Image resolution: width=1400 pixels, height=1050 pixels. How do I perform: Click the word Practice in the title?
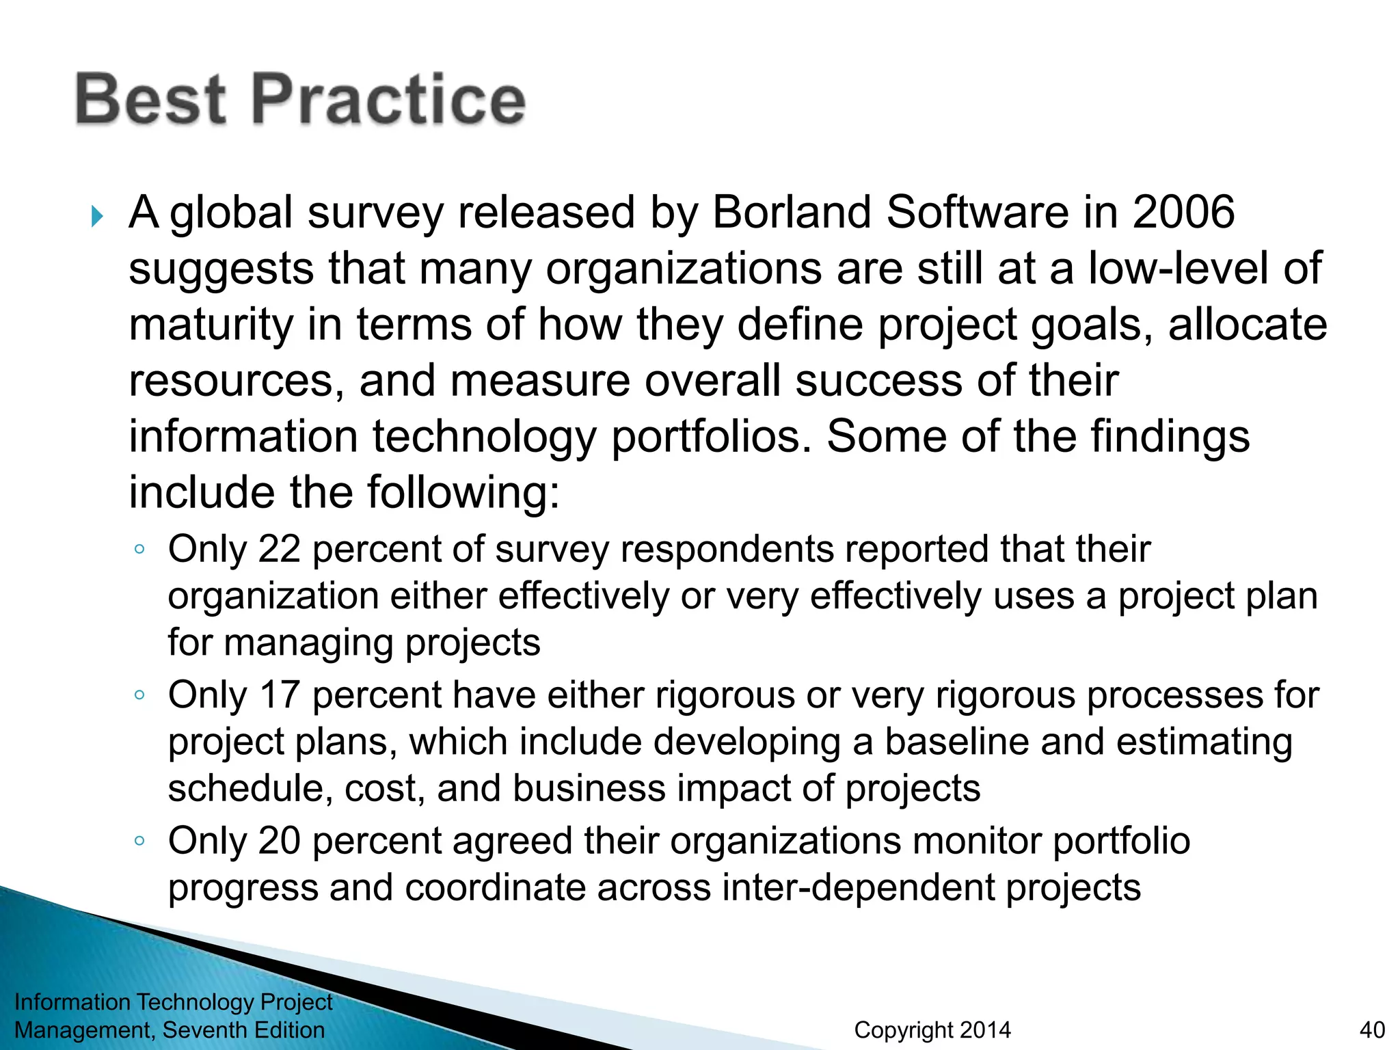(389, 100)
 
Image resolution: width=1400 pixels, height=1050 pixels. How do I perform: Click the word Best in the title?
(150, 100)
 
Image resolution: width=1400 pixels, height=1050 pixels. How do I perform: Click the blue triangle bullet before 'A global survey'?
(97, 217)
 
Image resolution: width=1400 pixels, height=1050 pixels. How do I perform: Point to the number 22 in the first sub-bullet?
(279, 549)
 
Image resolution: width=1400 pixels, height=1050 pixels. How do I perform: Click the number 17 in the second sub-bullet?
(279, 695)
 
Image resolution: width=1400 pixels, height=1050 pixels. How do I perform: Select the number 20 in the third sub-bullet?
(279, 841)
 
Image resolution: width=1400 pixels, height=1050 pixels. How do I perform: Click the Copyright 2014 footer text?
(932, 1029)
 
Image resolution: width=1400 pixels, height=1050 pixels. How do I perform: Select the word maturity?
(211, 325)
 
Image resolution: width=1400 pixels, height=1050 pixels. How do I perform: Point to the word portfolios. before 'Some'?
(710, 437)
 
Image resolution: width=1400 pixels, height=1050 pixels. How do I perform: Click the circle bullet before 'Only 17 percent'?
(139, 695)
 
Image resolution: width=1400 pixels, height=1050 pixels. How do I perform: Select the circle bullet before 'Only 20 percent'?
(139, 841)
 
